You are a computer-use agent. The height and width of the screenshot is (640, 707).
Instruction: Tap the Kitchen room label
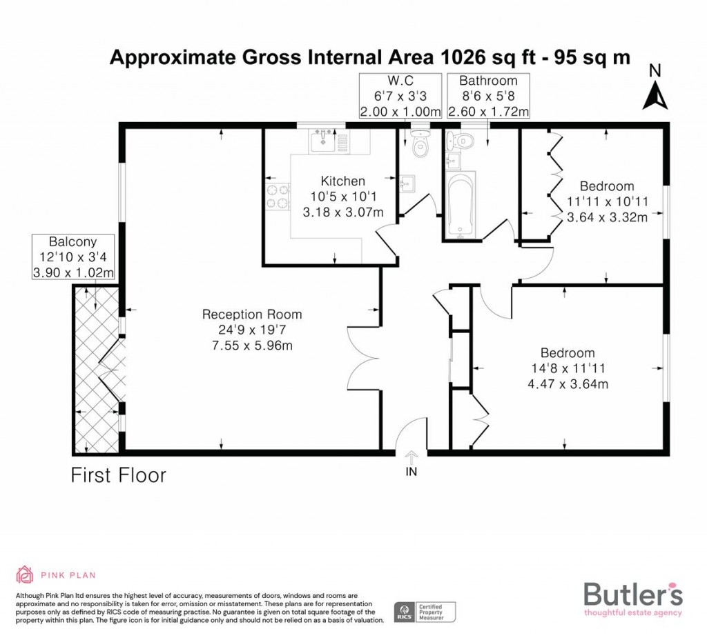[343, 181]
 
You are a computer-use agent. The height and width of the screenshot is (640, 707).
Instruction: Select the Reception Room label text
[252, 314]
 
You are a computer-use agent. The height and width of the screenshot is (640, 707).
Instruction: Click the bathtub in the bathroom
[460, 206]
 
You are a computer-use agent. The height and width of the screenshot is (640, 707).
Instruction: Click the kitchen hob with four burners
[277, 197]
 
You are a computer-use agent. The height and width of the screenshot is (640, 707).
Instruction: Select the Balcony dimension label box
[73, 257]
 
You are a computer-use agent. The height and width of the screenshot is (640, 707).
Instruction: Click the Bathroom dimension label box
[488, 95]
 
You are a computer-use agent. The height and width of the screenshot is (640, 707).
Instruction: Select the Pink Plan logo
[55, 574]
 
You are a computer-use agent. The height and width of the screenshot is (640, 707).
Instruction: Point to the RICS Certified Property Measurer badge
[425, 610]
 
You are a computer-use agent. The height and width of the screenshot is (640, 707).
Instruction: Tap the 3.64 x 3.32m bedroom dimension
[607, 217]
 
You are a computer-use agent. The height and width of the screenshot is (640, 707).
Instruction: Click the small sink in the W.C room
[407, 183]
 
